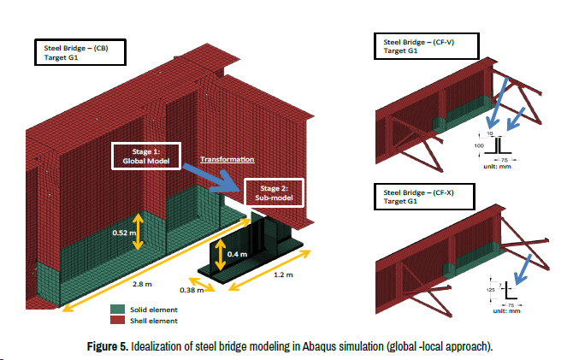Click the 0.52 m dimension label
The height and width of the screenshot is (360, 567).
(124, 231)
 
